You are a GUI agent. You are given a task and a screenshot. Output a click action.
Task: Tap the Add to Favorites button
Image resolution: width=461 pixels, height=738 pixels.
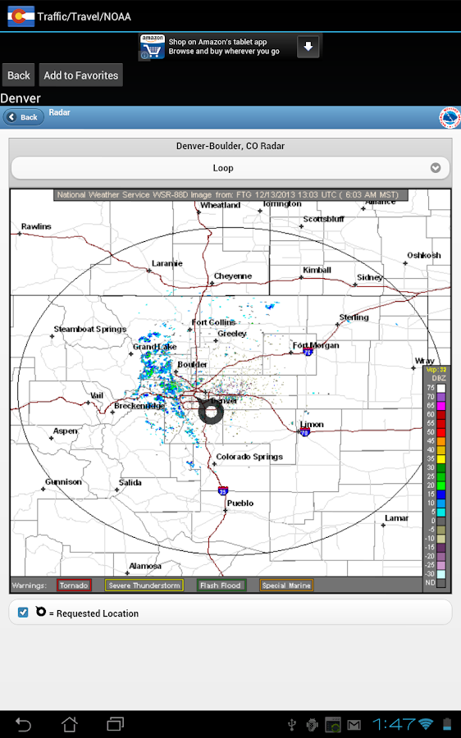[81, 75]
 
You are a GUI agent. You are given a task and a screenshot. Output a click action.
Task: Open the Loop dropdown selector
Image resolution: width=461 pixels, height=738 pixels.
[230, 168]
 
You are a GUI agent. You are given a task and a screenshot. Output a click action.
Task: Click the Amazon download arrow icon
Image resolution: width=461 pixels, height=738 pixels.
[308, 47]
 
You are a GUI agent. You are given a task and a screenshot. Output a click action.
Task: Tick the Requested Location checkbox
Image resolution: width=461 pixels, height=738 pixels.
[23, 613]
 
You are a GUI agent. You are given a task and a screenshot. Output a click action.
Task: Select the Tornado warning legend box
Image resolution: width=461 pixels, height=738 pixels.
[74, 585]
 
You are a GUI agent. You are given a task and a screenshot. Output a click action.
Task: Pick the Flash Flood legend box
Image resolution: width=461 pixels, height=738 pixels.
[221, 585]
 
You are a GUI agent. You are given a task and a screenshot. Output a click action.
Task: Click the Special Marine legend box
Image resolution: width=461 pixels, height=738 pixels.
[286, 585]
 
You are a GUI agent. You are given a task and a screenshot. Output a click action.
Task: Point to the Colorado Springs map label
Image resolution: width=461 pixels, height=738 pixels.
[249, 457]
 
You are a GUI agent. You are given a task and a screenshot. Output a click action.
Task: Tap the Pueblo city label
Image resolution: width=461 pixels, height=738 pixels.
[240, 503]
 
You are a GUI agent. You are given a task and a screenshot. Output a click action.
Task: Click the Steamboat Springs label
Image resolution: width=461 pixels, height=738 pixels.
[89, 329]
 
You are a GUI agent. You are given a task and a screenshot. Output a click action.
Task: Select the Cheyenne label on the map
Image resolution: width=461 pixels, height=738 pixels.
[233, 276]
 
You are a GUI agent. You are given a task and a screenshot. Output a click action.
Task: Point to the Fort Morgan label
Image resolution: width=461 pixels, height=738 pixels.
[315, 345]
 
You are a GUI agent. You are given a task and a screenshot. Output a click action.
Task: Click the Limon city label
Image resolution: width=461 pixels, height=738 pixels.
[312, 425]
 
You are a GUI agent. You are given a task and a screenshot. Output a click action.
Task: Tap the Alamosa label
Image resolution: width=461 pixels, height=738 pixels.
[145, 566]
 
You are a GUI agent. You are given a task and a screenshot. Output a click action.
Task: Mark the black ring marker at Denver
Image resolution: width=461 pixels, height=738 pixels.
[211, 412]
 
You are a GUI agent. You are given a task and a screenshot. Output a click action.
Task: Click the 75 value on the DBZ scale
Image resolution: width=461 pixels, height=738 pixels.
[431, 388]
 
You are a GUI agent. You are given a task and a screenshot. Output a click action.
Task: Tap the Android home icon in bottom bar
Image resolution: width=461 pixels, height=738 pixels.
[70, 724]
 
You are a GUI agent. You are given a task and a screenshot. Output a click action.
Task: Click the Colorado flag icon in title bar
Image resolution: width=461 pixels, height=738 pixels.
[21, 16]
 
